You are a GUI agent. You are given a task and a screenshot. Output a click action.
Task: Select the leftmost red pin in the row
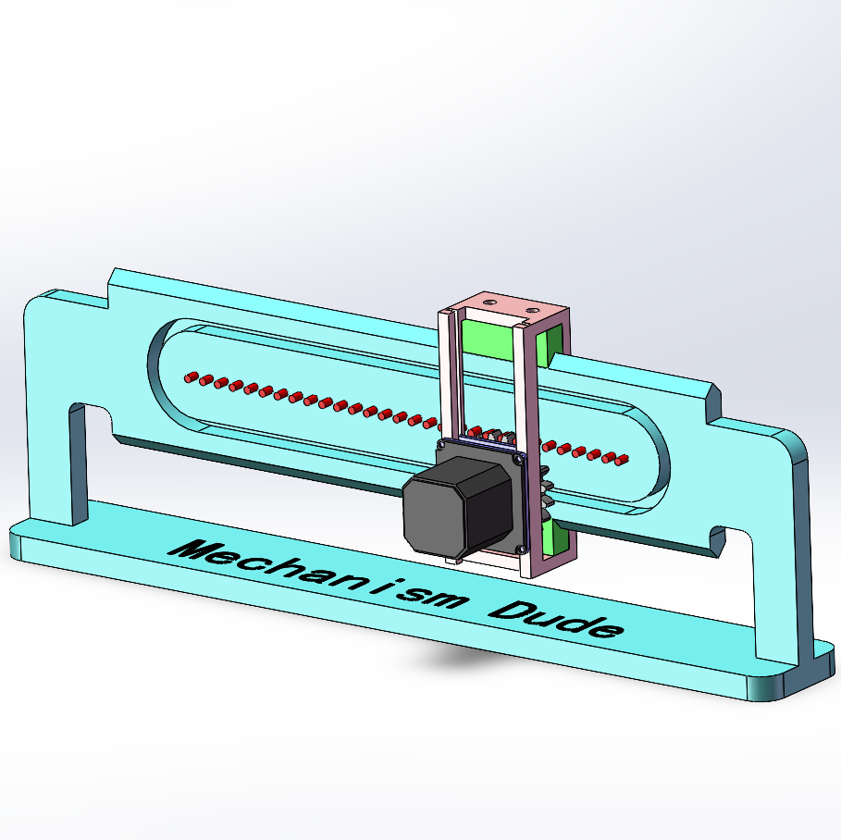(191, 377)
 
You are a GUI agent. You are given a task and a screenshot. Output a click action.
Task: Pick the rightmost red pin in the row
(623, 459)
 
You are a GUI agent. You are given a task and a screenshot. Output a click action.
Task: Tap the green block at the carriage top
(488, 337)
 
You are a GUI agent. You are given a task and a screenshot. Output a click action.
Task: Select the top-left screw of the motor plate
(442, 446)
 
